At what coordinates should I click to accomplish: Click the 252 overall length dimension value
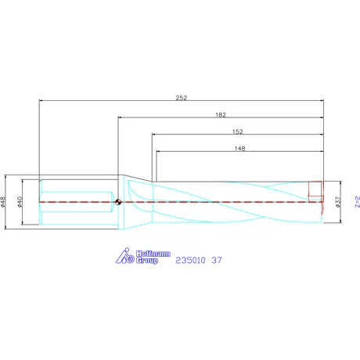click(x=181, y=97)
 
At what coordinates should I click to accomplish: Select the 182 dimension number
click(x=221, y=114)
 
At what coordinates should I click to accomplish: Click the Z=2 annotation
click(x=356, y=202)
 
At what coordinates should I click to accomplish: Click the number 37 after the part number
click(x=217, y=259)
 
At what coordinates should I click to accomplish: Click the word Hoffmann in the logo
click(x=143, y=254)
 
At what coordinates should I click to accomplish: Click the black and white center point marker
click(x=117, y=202)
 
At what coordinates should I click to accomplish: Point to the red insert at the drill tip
click(x=316, y=189)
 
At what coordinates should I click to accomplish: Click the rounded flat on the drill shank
click(x=74, y=202)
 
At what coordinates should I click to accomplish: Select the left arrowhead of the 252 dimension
click(x=41, y=101)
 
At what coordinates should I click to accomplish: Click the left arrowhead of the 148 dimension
click(x=157, y=152)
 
